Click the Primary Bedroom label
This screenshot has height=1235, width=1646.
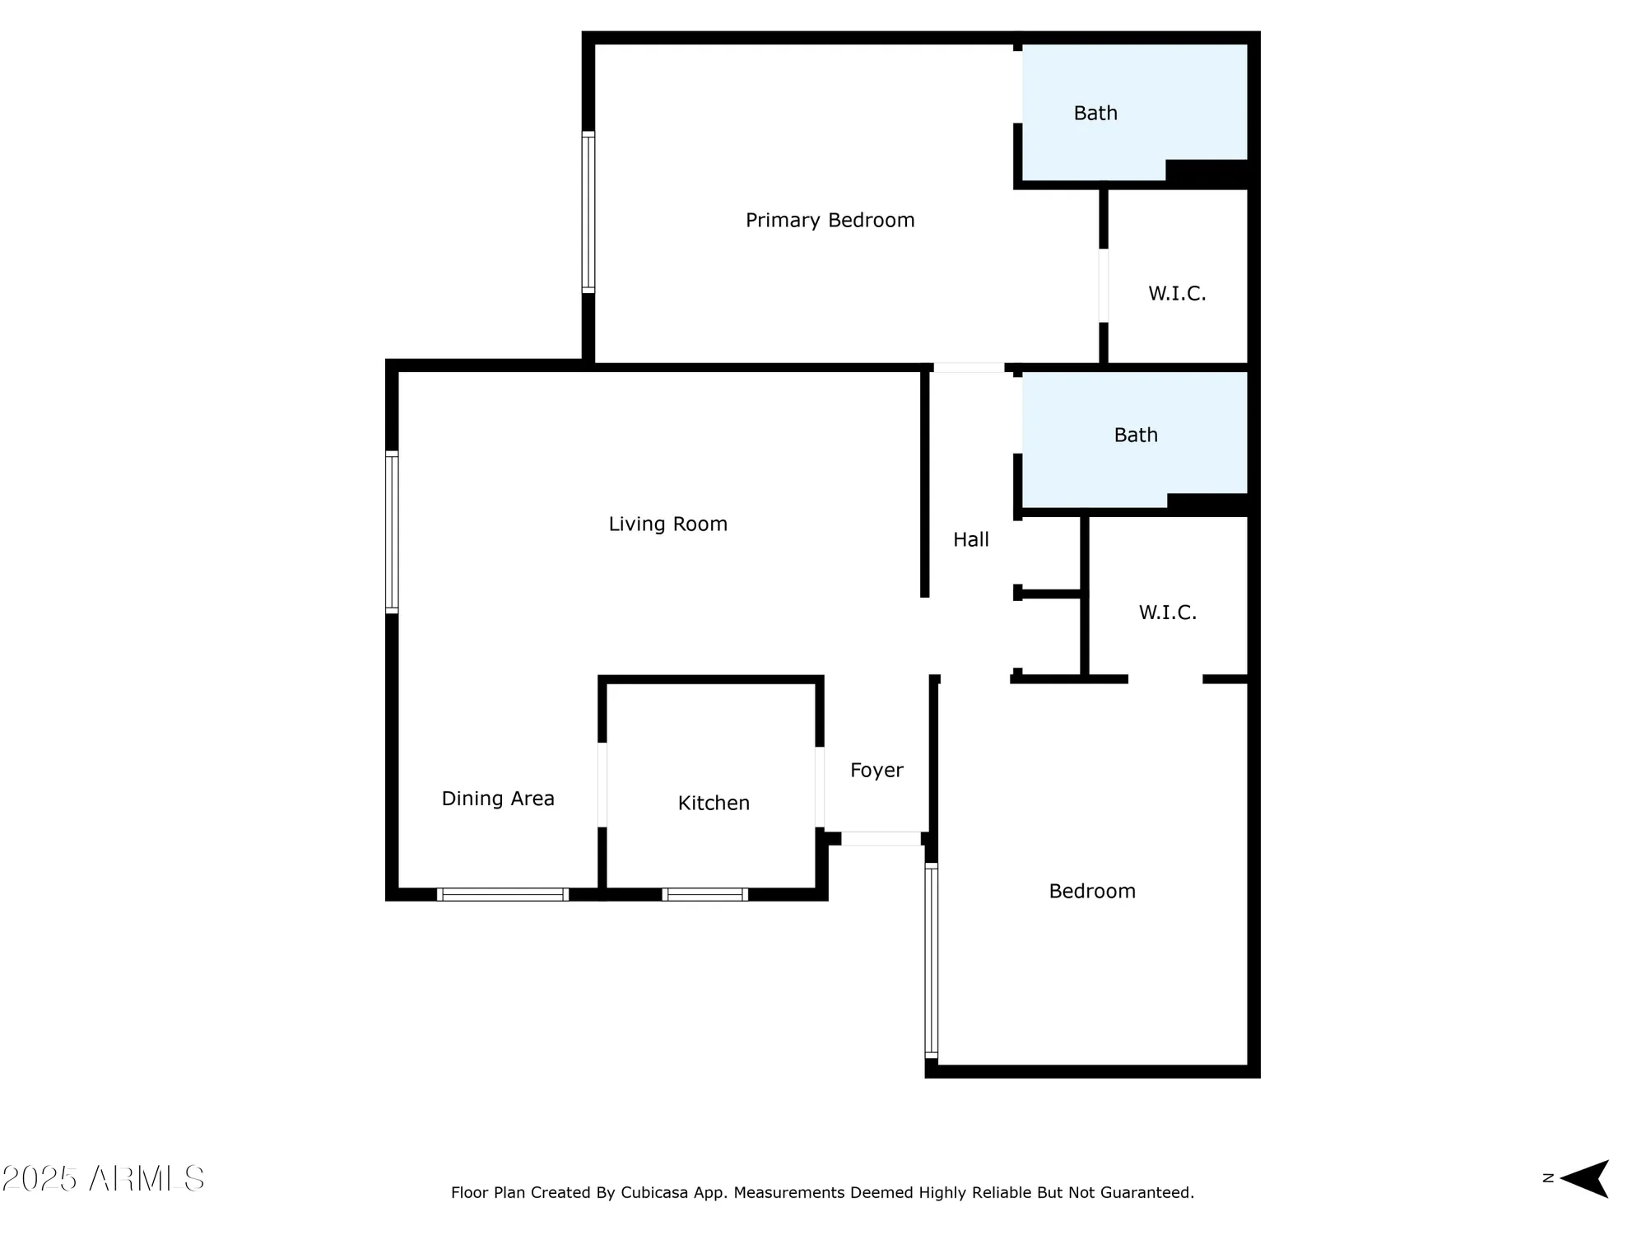tap(830, 220)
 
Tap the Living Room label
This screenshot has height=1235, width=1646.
tap(667, 524)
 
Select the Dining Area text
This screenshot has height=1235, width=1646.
tap(498, 798)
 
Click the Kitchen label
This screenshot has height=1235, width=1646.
tap(714, 803)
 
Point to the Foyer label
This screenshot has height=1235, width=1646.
tap(876, 770)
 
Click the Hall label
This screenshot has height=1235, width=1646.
tap(970, 539)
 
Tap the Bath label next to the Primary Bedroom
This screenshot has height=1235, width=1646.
tap(1095, 113)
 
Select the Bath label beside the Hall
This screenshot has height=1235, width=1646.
tap(1136, 435)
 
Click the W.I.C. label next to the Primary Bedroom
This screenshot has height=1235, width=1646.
tap(1177, 293)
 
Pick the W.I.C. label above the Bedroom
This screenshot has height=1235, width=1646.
tap(1167, 612)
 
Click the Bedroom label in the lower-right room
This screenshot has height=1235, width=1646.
tap(1092, 891)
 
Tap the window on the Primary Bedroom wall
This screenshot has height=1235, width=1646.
tap(588, 212)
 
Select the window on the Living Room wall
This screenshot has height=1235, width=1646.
tap(392, 532)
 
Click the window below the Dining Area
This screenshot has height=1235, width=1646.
tap(502, 894)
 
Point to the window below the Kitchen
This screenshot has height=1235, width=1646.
tap(704, 894)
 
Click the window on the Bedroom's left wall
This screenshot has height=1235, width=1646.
tap(931, 960)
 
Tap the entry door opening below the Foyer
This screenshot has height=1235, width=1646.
tap(881, 838)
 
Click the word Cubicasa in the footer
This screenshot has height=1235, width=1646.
tap(653, 1192)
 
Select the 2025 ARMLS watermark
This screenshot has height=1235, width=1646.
tap(103, 1178)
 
